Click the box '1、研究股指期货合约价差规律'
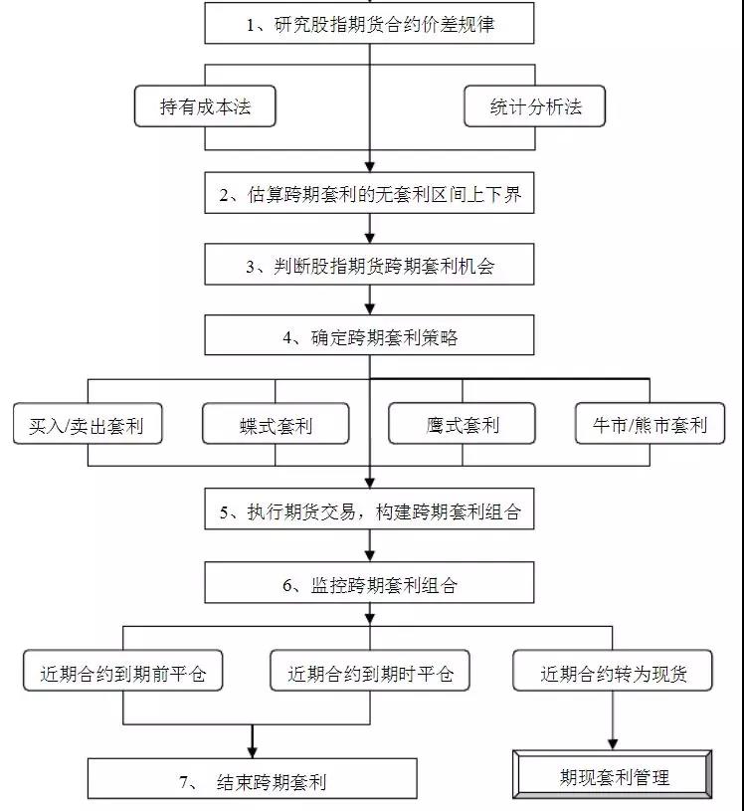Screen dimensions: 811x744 [370, 25]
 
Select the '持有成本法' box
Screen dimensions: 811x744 [205, 106]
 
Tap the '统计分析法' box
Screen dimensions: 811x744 [534, 106]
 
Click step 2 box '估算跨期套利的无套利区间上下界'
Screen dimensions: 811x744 [370, 195]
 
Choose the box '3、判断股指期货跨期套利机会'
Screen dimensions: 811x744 [370, 266]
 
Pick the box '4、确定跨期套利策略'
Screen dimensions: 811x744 [370, 336]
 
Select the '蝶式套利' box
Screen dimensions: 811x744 [276, 424]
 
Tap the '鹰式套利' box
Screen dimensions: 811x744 [463, 424]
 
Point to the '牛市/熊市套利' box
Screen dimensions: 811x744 [650, 424]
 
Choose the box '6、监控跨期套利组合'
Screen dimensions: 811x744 [370, 584]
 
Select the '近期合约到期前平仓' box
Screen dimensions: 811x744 [123, 672]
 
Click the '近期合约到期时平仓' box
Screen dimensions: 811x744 [370, 672]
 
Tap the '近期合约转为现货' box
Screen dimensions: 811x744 [613, 672]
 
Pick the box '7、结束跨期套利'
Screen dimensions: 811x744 [253, 780]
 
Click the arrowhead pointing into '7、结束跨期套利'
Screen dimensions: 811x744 [253, 751]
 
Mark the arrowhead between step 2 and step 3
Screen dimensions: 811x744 [370, 238]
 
